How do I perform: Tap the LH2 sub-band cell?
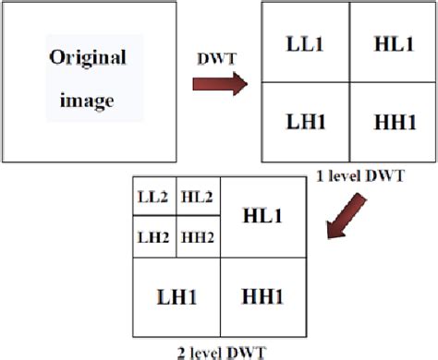pyautogui.click(x=153, y=236)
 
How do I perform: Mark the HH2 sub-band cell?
pyautogui.click(x=198, y=236)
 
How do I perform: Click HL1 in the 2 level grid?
pyautogui.click(x=262, y=215)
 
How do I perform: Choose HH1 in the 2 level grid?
pyautogui.click(x=262, y=298)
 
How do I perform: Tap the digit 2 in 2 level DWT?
pyautogui.click(x=183, y=352)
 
